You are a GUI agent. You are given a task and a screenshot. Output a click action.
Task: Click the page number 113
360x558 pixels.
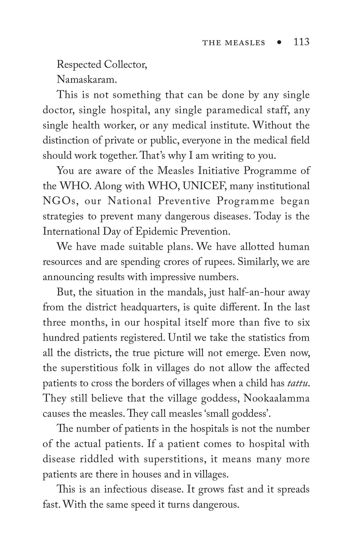(x=301, y=42)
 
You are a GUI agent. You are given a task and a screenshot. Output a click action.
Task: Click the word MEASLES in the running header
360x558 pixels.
(x=245, y=43)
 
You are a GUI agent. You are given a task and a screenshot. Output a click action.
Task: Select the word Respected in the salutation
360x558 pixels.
(x=78, y=64)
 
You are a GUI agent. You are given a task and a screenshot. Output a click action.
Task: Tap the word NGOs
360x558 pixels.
(x=60, y=201)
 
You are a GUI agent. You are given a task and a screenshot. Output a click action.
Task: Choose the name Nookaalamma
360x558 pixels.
(x=276, y=398)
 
